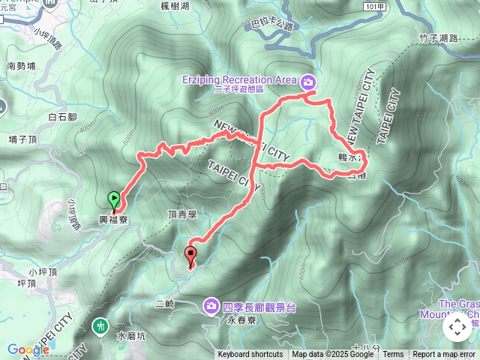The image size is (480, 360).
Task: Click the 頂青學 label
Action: coord(181,214)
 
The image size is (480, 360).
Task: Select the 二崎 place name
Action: coord(164,304)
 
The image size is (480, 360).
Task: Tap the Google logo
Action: coord(28,349)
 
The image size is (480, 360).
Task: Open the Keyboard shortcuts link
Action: coord(250,355)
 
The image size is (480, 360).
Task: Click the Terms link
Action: coord(393,355)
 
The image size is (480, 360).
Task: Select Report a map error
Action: coord(444,355)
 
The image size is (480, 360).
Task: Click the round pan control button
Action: coord(457,327)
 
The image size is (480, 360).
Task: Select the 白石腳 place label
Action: coord(62,117)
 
